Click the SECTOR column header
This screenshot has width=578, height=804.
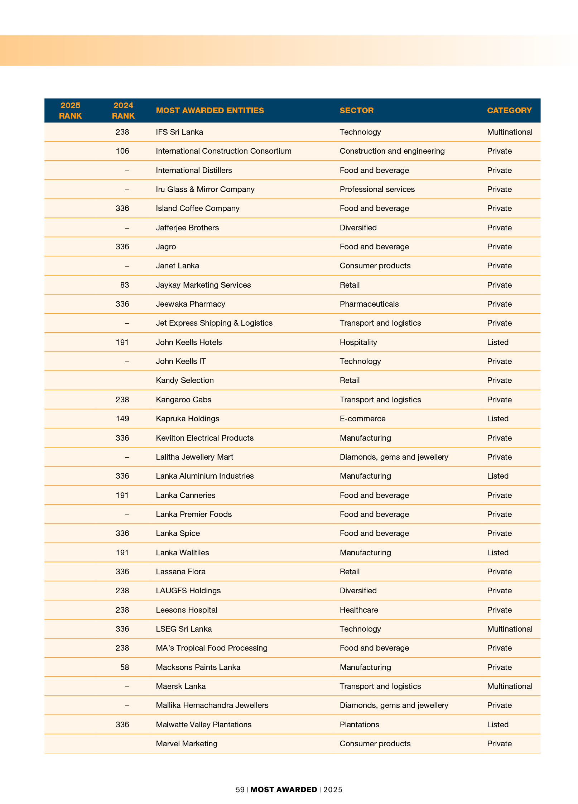click(x=356, y=110)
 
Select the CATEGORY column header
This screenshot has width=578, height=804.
click(x=509, y=110)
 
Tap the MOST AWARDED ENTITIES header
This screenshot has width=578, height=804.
click(x=209, y=110)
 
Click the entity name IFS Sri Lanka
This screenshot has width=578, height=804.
click(x=179, y=132)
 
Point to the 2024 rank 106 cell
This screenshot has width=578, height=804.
click(x=122, y=151)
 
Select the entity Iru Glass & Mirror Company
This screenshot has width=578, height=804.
click(x=205, y=189)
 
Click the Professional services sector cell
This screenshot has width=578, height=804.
click(x=377, y=189)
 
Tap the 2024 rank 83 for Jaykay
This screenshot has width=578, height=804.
click(x=124, y=285)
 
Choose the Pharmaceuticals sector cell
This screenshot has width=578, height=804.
click(x=369, y=304)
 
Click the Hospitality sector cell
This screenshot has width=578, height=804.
click(x=358, y=342)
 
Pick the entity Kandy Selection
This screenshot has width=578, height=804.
click(x=184, y=380)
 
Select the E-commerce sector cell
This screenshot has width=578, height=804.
click(x=362, y=418)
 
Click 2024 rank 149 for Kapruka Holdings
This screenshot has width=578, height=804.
click(x=122, y=418)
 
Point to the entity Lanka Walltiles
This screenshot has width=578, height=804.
click(x=182, y=552)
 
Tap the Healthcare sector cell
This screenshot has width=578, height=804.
click(x=358, y=610)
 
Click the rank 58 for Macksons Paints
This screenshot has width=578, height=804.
click(x=124, y=667)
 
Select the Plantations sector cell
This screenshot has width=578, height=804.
click(x=359, y=724)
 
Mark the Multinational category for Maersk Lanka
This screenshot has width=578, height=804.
click(x=509, y=686)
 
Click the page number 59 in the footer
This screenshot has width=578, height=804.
click(x=240, y=790)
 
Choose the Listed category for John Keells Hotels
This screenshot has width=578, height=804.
click(x=497, y=342)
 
